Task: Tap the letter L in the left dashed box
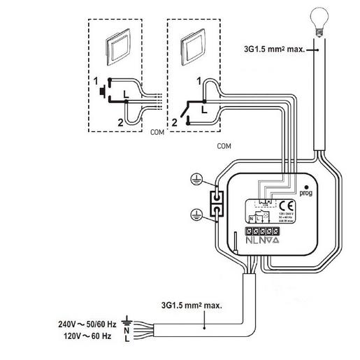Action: pos(124,94)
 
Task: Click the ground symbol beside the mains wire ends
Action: pos(127,323)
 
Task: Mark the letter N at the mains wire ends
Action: pos(126,331)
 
